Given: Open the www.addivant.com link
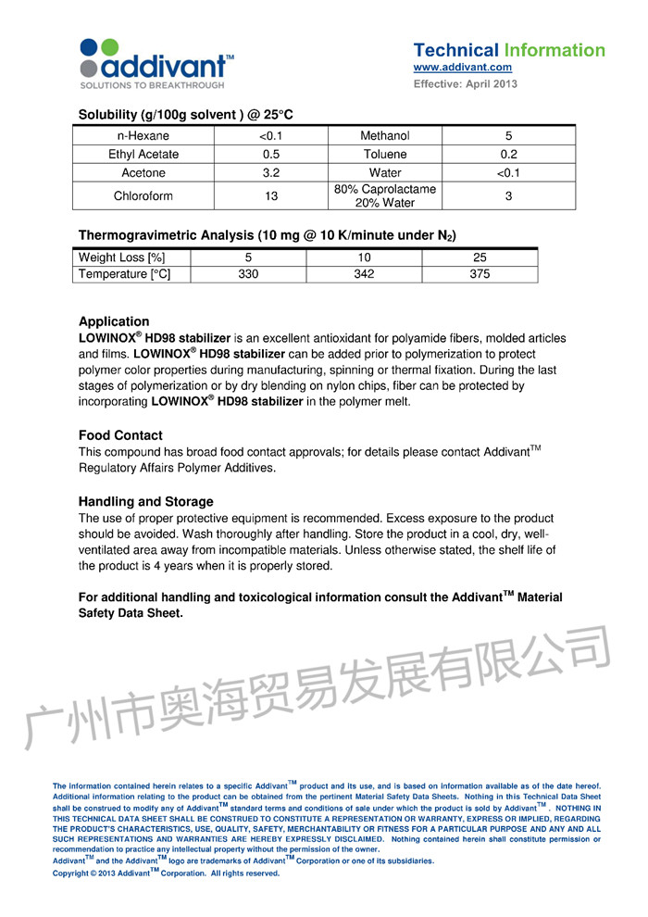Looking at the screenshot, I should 462,68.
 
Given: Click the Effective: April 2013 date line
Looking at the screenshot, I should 465,84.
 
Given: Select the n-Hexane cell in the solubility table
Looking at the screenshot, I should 143,136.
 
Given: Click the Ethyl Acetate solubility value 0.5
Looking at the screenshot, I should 271,155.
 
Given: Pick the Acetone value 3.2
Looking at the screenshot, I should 271,172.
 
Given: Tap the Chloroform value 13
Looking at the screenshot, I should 271,196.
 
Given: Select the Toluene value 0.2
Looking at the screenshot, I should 508,155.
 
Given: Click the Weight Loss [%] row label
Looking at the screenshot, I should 121,258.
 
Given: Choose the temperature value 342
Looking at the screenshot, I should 364,274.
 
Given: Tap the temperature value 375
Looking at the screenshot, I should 480,274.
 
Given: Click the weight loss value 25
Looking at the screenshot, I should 480,258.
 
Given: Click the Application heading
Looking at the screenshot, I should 114,322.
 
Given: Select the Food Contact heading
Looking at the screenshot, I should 120,435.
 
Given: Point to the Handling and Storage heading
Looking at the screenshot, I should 146,502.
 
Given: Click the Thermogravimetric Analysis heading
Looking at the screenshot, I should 267,235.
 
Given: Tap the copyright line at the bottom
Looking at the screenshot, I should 166,873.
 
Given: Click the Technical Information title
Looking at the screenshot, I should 509,50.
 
